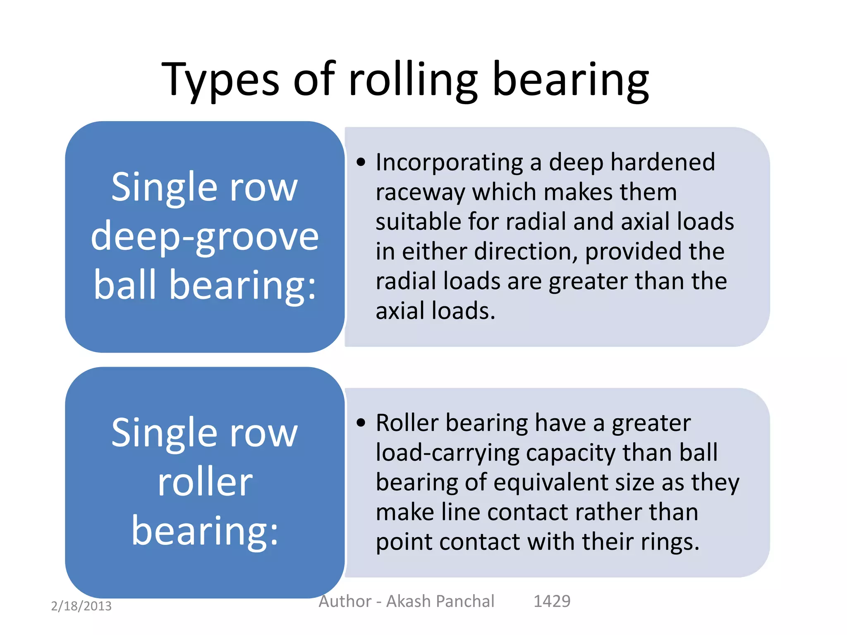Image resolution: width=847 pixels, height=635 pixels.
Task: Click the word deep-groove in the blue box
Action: (x=205, y=236)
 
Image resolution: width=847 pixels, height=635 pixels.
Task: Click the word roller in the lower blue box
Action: (x=205, y=482)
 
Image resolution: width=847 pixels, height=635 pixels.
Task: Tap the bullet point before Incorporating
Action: (x=361, y=162)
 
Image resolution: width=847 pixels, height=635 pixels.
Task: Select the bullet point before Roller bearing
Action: (x=361, y=423)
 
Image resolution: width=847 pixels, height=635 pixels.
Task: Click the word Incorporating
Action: (x=449, y=162)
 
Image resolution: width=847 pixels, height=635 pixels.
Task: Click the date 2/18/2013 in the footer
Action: (x=81, y=606)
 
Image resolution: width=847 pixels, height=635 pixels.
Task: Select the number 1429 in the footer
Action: (x=552, y=601)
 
